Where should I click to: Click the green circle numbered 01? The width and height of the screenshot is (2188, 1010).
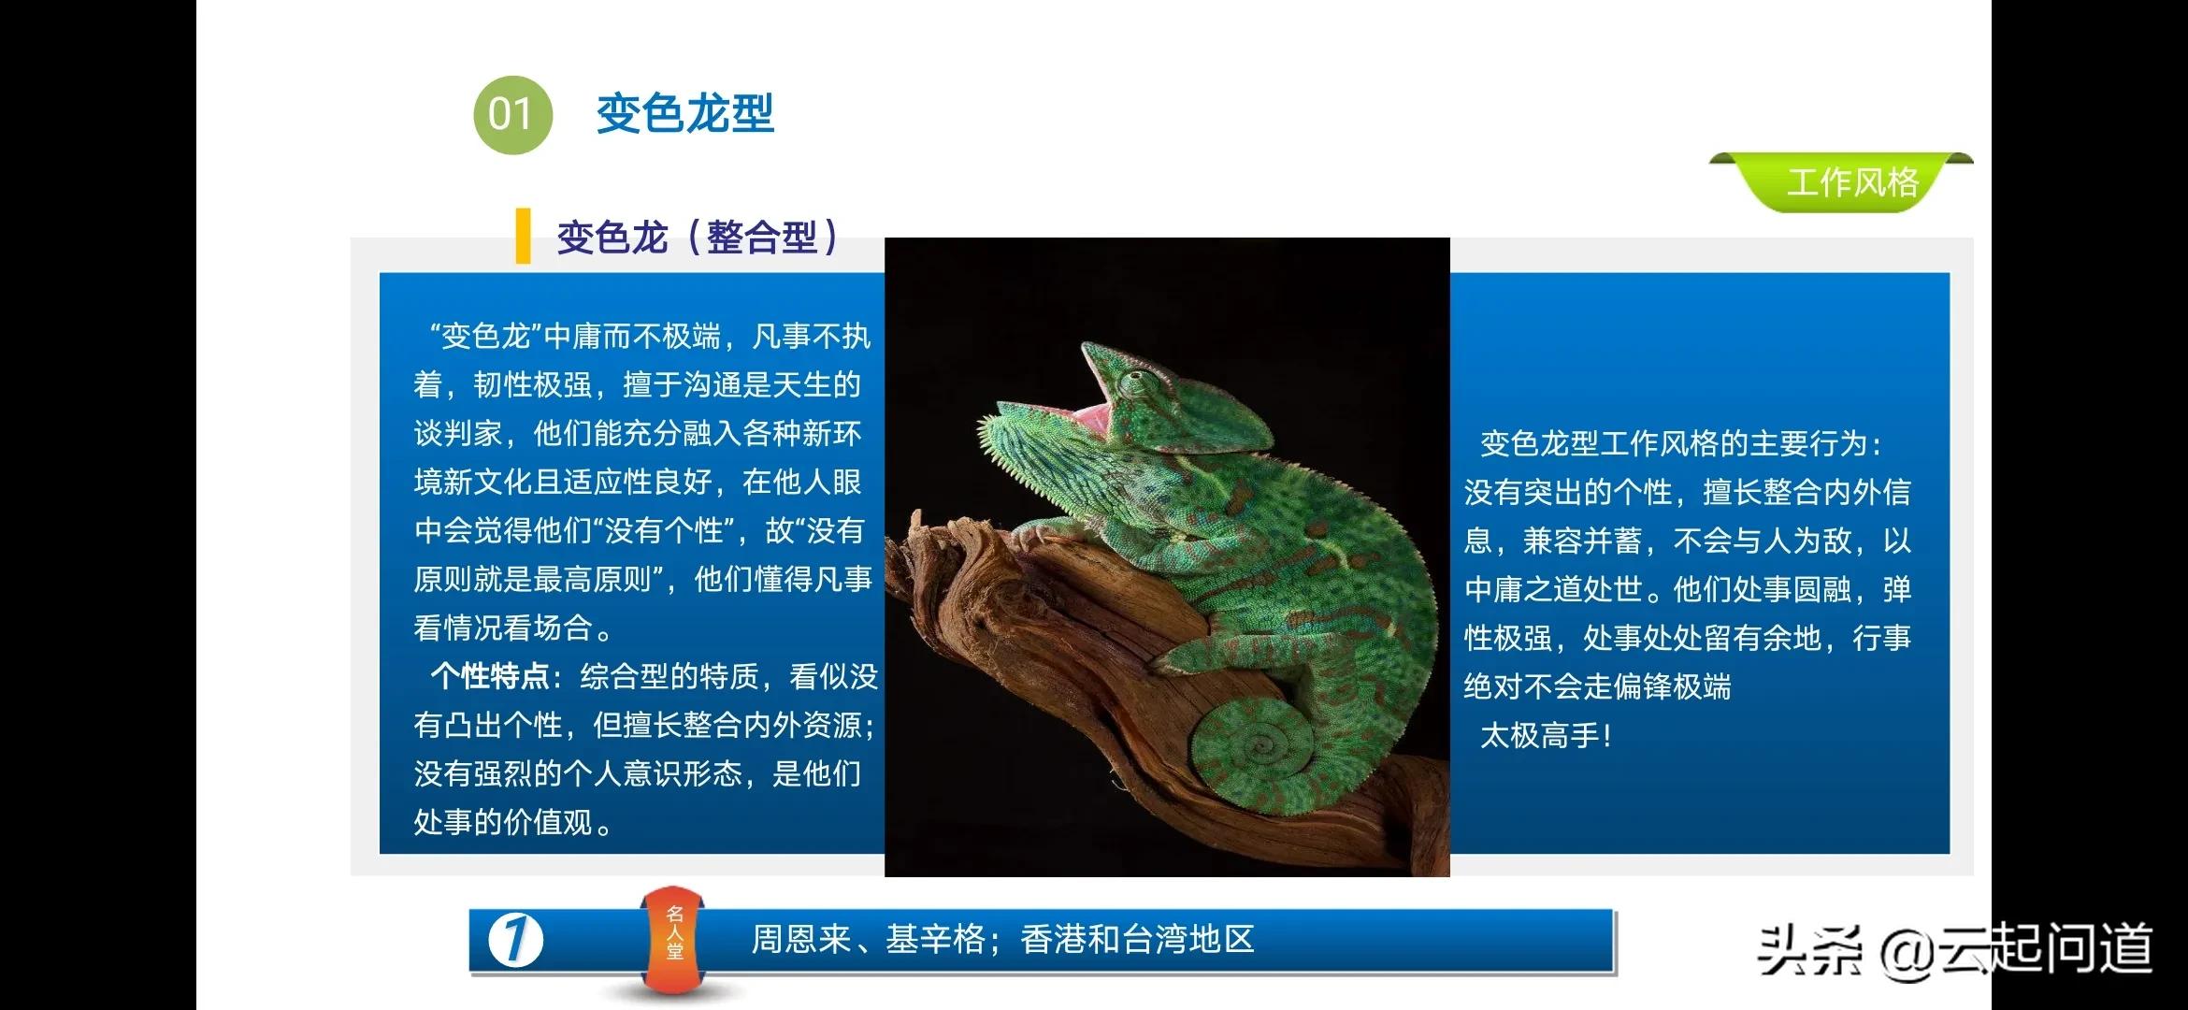tap(512, 114)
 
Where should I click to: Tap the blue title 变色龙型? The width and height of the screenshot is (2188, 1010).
tap(685, 114)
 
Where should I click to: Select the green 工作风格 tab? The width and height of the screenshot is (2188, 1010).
tap(1851, 182)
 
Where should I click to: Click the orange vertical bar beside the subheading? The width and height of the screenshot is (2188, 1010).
tap(523, 236)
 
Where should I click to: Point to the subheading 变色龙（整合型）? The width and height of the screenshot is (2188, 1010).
tap(698, 237)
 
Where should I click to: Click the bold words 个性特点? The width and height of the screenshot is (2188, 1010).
tap(490, 676)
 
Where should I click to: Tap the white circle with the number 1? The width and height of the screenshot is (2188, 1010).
tap(515, 940)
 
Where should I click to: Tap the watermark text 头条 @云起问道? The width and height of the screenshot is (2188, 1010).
tap(1954, 948)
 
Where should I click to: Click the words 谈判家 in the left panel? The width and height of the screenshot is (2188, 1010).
tap(458, 434)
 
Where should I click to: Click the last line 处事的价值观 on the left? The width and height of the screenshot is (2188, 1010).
tap(505, 823)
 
